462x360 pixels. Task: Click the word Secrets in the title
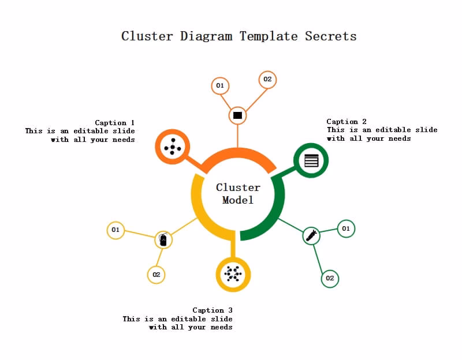pos(330,36)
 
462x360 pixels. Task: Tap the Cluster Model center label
pos(238,193)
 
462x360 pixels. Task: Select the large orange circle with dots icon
pos(173,147)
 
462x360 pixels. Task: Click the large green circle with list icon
pos(311,160)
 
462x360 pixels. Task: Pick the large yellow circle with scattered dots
pos(233,274)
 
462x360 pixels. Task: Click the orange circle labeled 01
pos(220,86)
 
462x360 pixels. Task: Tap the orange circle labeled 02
pos(267,80)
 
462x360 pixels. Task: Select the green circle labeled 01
pos(346,228)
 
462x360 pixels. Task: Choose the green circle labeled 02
pos(330,278)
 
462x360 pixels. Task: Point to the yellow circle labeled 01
pos(115,230)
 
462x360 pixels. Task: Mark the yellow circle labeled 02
pos(156,275)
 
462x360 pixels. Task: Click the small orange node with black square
pos(237,115)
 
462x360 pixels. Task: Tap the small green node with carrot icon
pos(311,235)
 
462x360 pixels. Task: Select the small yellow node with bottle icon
pos(163,239)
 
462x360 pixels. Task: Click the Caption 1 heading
pos(114,122)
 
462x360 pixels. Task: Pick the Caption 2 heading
pos(346,121)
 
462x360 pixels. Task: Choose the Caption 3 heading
pos(212,310)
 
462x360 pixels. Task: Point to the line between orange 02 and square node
pos(253,97)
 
